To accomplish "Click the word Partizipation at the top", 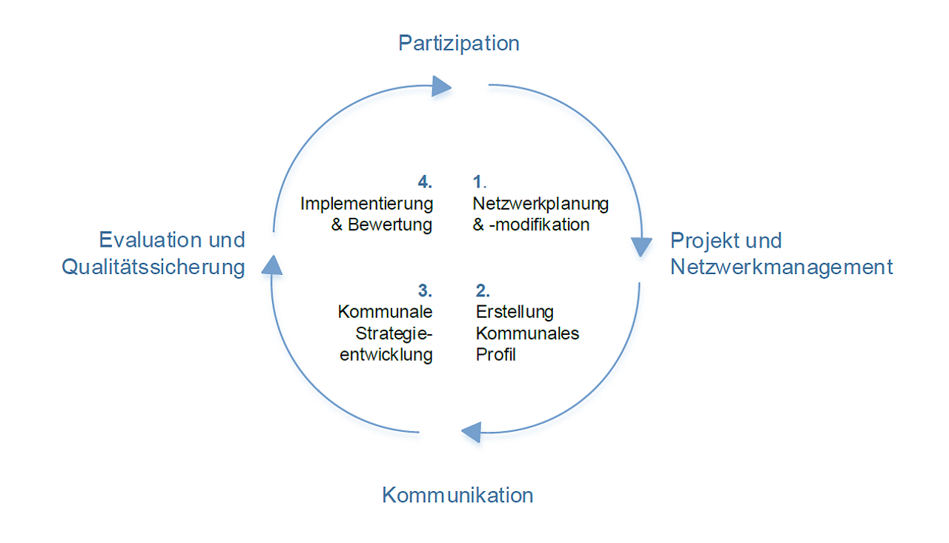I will (459, 43).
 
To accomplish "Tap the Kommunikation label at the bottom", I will (457, 495).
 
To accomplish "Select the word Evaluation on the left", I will (151, 240).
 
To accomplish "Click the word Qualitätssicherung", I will (153, 267).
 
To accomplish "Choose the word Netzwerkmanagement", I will (781, 267).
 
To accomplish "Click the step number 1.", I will (478, 181).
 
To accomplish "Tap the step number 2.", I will (483, 290).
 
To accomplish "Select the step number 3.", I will (425, 290).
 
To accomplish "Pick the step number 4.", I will (425, 181).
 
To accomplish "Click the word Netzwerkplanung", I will (540, 203).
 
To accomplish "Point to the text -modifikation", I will (540, 224).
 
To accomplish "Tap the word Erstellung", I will (515, 312).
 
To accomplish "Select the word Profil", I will (495, 355).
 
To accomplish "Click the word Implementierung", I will (366, 203).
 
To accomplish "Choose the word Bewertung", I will (390, 224).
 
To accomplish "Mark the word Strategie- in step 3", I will (394, 333).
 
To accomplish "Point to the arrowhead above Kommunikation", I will (471, 431).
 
